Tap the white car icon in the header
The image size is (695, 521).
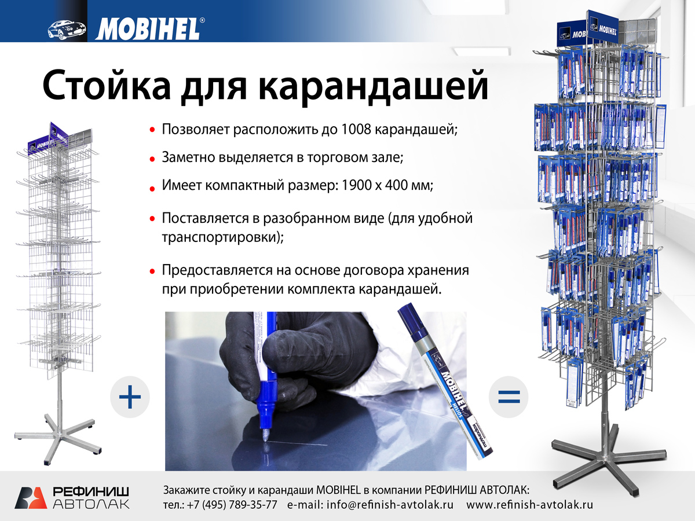tap(67, 30)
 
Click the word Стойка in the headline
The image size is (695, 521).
tap(107, 86)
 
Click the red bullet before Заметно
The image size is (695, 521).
tap(152, 159)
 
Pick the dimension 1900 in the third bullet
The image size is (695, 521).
tap(355, 185)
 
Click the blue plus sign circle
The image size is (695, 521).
tap(130, 397)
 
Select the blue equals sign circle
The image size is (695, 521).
tap(509, 397)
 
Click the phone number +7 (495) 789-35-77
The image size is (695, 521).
tap(232, 505)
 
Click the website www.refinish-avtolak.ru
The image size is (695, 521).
tap(529, 505)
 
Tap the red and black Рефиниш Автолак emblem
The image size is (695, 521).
tap(31, 498)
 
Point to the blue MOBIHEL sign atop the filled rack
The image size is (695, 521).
tap(602, 28)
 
